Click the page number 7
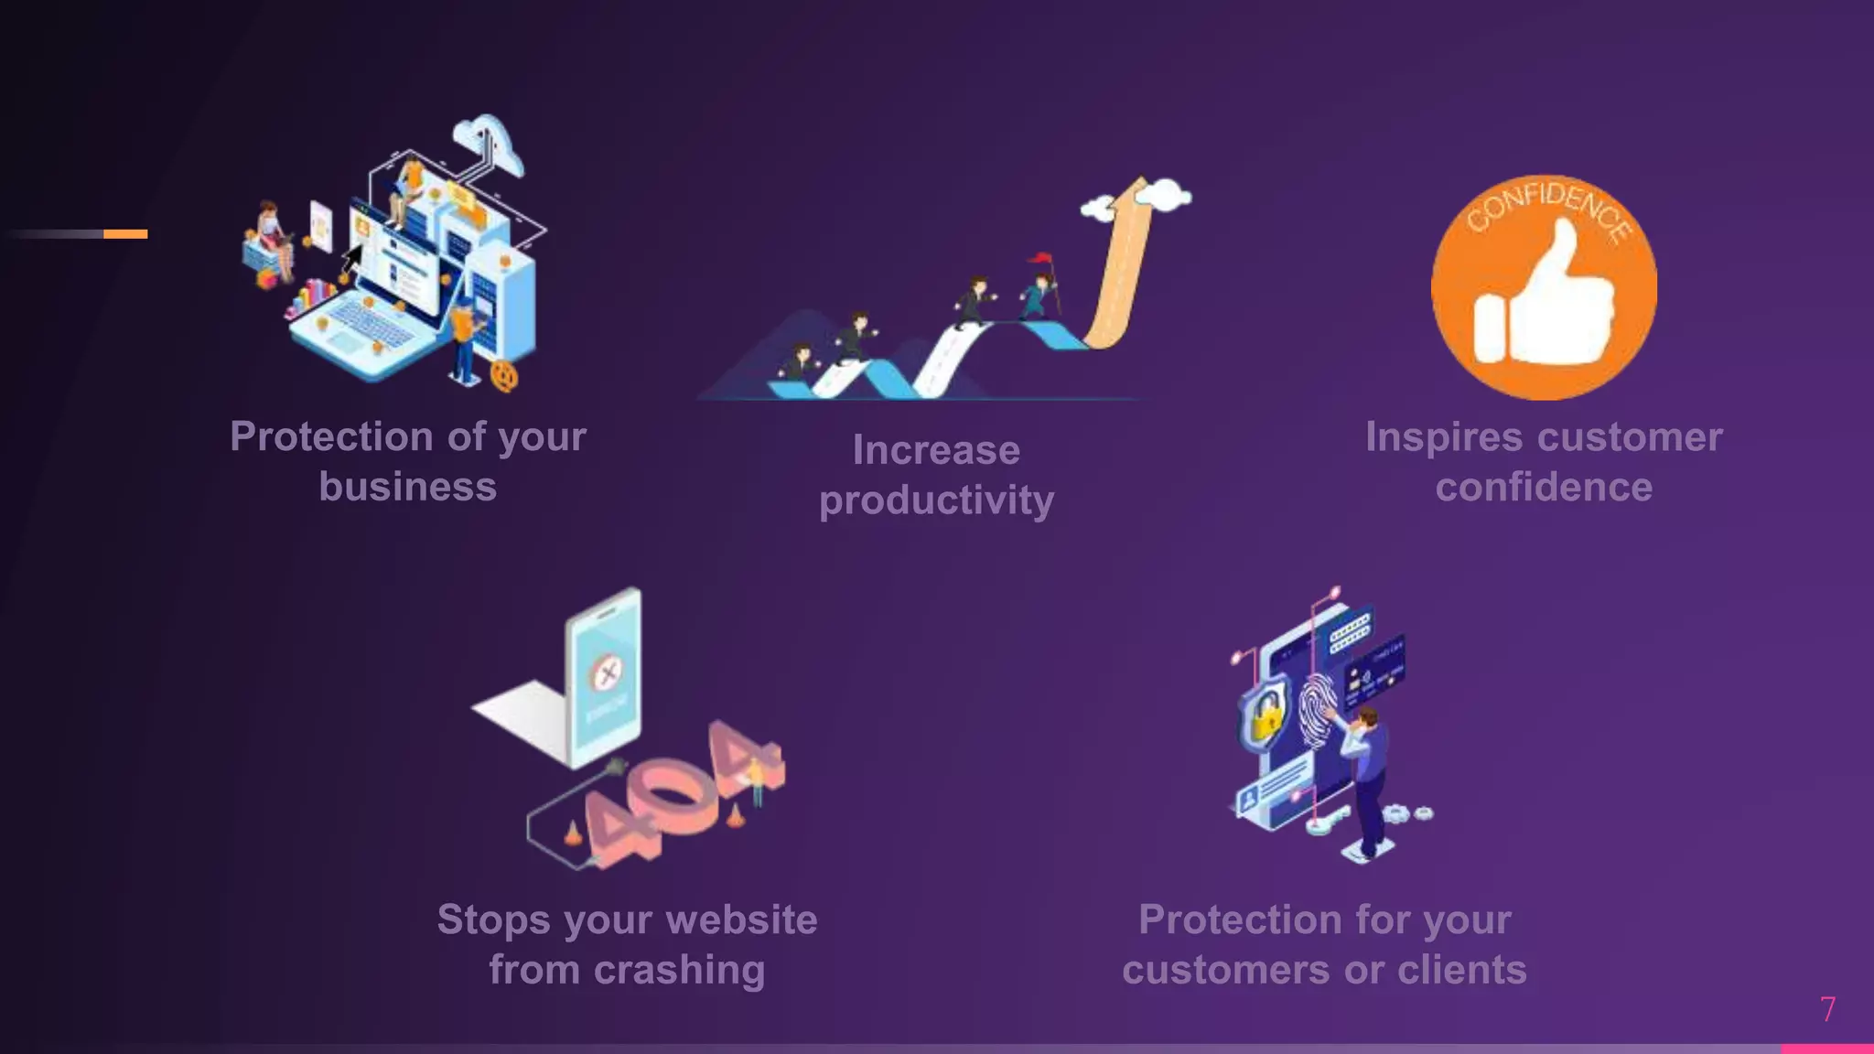click(x=1827, y=1009)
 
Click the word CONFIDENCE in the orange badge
click(x=1548, y=211)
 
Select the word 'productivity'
click(x=936, y=500)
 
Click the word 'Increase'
click(x=936, y=450)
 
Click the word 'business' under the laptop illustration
click(x=407, y=487)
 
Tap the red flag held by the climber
click(x=1040, y=258)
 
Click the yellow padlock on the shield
click(x=1265, y=716)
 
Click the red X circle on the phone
click(x=605, y=673)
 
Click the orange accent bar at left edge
click(x=125, y=234)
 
